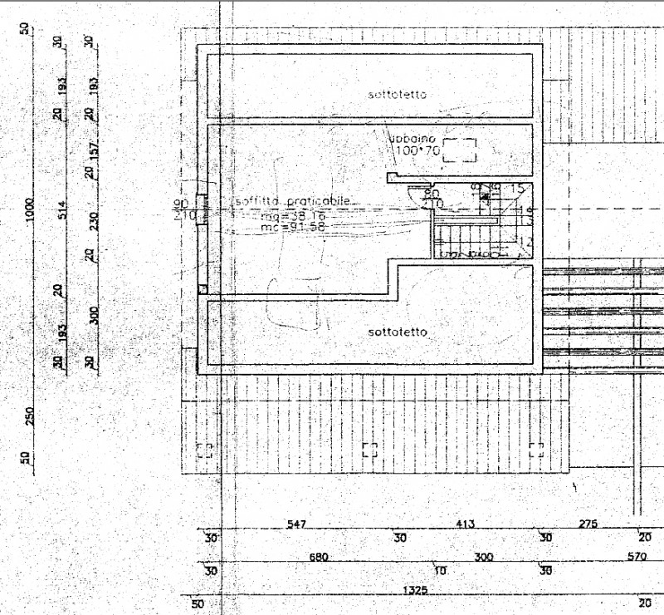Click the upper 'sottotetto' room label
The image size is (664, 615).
(x=398, y=95)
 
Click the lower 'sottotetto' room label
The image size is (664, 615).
(x=398, y=332)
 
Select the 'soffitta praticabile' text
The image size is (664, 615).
(x=293, y=202)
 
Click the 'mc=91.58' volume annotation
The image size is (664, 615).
(x=292, y=226)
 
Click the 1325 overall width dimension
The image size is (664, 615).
(x=414, y=589)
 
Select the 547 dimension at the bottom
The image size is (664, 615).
(x=296, y=524)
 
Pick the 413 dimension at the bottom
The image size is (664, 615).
(x=466, y=524)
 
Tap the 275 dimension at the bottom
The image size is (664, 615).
(x=588, y=524)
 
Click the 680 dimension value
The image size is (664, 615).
(x=319, y=557)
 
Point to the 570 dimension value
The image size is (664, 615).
(x=637, y=557)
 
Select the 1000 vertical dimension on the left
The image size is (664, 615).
(x=31, y=211)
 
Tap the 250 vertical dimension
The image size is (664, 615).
(x=31, y=416)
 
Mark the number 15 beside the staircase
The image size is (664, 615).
(x=519, y=189)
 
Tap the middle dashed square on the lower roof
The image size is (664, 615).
(x=370, y=450)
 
